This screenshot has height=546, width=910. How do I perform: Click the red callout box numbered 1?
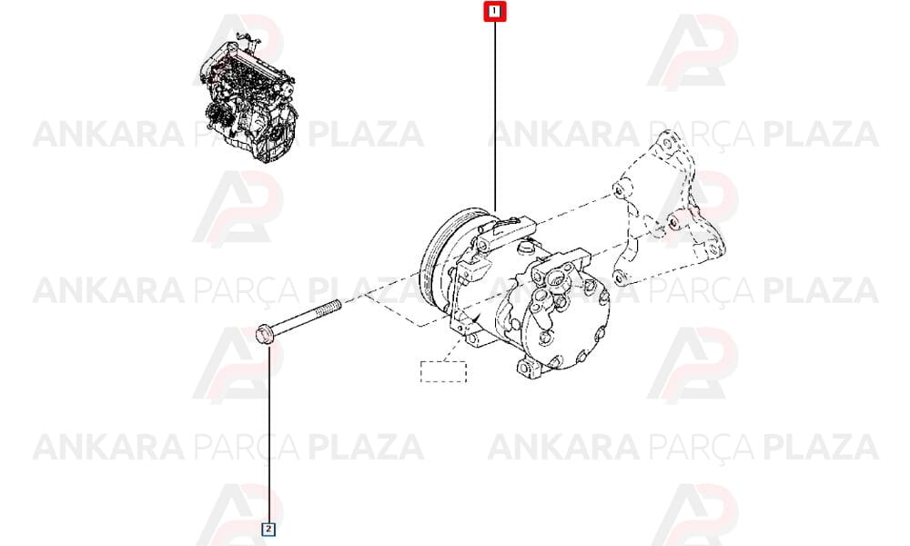click(494, 11)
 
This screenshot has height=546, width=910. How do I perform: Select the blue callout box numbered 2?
click(268, 529)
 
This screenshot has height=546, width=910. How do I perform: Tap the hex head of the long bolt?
click(264, 336)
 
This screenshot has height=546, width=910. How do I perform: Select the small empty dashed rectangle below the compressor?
click(443, 371)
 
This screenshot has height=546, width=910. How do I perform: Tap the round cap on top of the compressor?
click(527, 248)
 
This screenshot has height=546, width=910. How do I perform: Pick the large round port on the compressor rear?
click(559, 278)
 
